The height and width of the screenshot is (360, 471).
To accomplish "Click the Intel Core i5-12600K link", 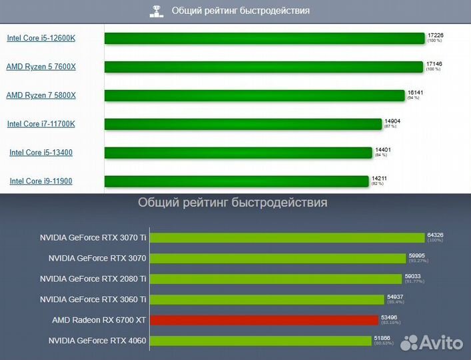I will [41, 38].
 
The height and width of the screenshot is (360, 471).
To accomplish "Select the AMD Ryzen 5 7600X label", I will [41, 67].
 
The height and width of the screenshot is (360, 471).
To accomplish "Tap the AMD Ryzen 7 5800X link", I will [41, 95].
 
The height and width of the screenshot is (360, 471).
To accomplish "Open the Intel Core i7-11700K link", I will [41, 124].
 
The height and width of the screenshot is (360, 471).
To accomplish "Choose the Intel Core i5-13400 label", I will [41, 153].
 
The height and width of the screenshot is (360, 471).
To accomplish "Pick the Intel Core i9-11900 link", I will [41, 181].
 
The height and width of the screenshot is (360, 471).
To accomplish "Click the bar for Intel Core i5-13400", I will [238, 153].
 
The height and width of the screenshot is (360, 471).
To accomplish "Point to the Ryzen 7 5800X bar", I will [254, 95].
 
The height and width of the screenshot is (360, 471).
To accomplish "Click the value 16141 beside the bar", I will [415, 93].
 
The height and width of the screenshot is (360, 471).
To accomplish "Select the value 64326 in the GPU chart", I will [436, 235].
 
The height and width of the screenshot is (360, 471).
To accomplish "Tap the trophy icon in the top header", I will [158, 11].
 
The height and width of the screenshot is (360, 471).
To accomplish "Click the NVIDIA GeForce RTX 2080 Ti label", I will [93, 279].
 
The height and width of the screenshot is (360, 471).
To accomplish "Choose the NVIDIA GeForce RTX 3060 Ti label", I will [93, 299].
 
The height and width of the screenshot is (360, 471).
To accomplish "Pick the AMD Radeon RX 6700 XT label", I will [99, 320].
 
